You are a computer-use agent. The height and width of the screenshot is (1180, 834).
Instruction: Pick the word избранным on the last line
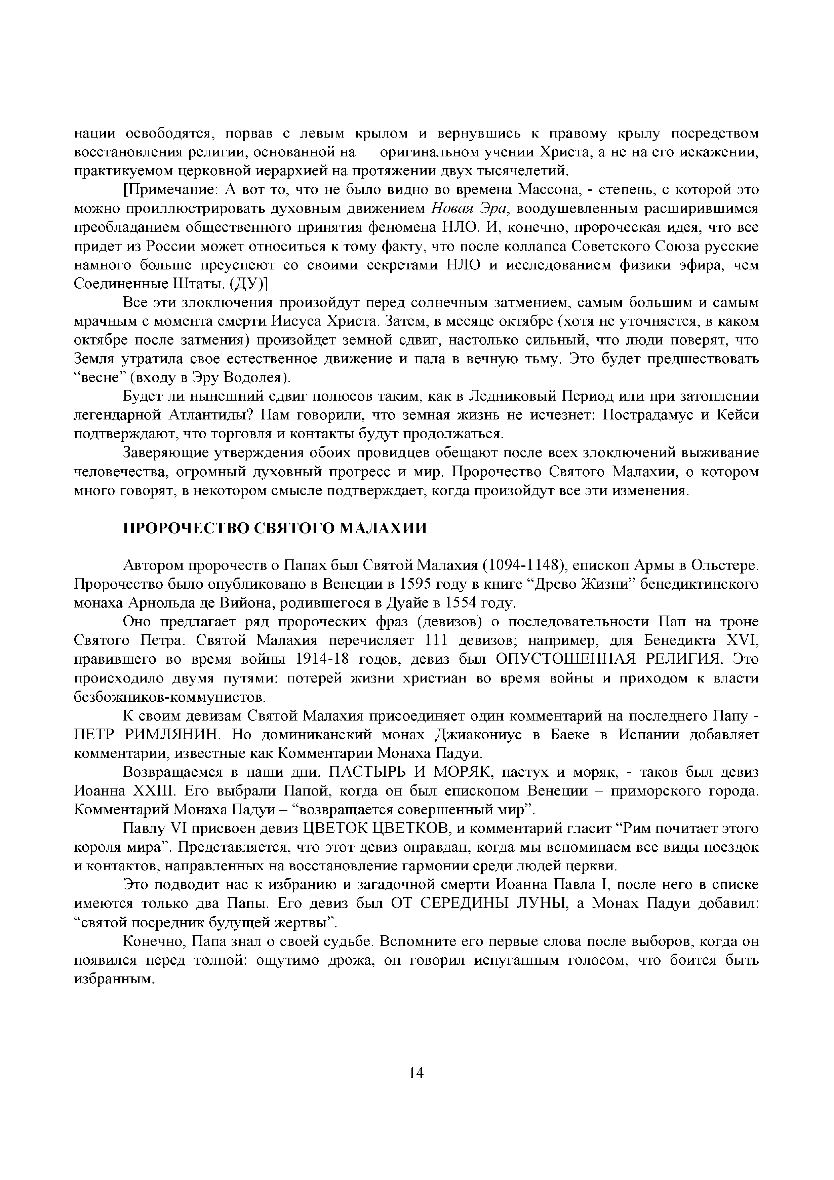(114, 979)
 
